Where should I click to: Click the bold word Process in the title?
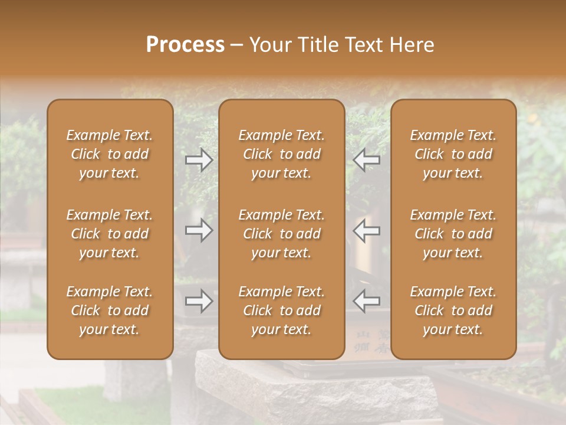[185, 45]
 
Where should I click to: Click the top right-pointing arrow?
[199, 159]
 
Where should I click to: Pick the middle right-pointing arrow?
[199, 230]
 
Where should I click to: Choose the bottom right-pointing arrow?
[199, 301]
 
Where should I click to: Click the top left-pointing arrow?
[367, 159]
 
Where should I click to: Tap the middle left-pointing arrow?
[367, 230]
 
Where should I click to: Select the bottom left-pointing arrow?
[367, 301]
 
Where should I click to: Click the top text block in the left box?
[110, 154]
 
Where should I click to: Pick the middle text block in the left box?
[110, 234]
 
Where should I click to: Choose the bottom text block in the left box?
[110, 310]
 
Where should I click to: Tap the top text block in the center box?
[282, 154]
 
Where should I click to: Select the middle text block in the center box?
[282, 234]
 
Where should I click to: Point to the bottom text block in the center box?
[282, 310]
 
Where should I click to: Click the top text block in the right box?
[453, 154]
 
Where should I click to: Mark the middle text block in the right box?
[453, 234]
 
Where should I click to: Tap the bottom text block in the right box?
[453, 310]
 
